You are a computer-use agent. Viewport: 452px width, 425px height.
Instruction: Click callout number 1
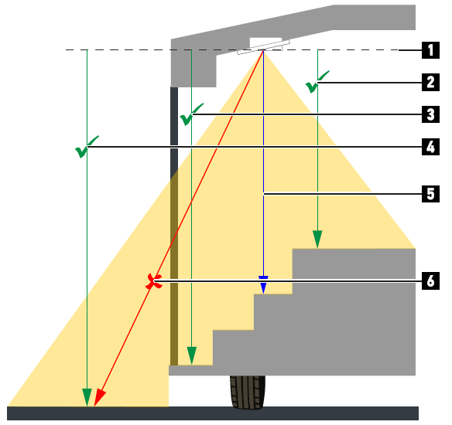coord(430,50)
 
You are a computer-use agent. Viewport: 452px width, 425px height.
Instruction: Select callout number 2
coord(430,82)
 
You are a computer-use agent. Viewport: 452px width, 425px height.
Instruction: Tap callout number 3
coord(430,114)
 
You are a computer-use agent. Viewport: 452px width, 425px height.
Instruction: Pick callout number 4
coord(430,147)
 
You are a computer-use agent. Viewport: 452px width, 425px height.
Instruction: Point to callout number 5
coord(430,194)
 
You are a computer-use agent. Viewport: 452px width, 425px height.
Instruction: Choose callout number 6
coord(430,280)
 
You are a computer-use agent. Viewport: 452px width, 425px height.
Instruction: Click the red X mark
coord(154,281)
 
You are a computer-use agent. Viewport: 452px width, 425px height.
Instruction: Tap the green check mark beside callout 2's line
coord(317,82)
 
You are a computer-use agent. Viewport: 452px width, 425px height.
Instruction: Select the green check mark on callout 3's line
coord(191,114)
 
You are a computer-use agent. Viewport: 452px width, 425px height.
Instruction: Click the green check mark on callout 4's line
coord(87,147)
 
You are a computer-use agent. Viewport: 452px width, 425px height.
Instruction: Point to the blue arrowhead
coord(263,285)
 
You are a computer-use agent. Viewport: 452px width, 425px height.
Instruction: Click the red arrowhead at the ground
coord(99,398)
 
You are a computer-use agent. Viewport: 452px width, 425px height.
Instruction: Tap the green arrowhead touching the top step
coord(317,240)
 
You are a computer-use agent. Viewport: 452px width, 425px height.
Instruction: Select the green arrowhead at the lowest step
coord(192,356)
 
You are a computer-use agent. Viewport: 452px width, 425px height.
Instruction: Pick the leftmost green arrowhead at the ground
coord(87,398)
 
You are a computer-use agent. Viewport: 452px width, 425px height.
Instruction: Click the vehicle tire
coord(248,393)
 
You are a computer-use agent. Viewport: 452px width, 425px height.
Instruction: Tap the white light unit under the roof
coord(263,47)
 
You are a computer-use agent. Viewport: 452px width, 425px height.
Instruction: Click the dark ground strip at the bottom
coord(213,413)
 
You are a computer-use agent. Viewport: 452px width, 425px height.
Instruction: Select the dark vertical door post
coord(174,226)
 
